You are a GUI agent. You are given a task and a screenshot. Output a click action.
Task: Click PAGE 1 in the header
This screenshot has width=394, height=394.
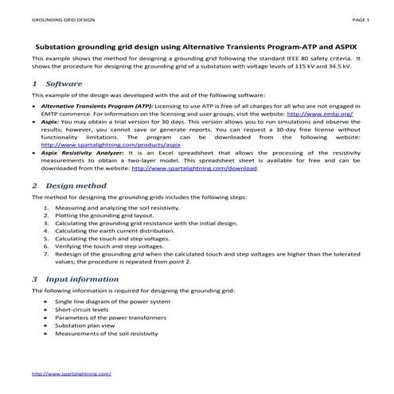point(361,18)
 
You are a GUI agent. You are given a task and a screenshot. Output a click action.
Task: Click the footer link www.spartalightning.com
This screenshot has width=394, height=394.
point(71,373)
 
